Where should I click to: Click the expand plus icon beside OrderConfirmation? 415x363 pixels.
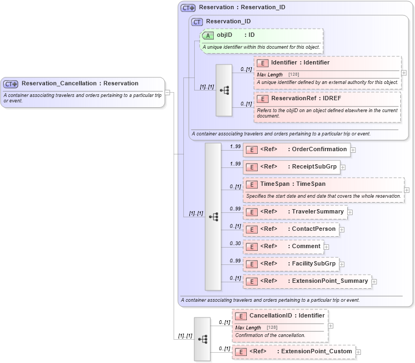click(x=353, y=150)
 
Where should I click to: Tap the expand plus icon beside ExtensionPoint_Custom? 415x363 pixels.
click(x=358, y=352)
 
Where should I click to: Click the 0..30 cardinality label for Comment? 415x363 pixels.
click(x=235, y=243)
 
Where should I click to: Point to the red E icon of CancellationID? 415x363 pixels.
click(x=241, y=316)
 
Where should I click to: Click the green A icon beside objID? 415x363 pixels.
click(x=208, y=35)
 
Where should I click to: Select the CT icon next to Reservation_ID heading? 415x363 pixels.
click(x=197, y=22)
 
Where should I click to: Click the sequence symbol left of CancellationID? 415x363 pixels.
click(x=202, y=339)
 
